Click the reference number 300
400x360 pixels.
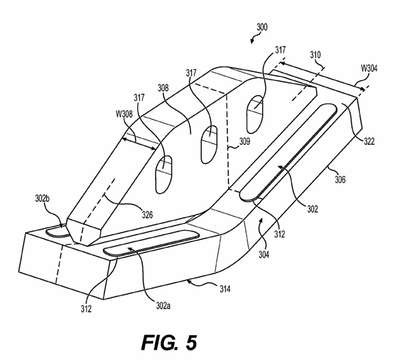262,27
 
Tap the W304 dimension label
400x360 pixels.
369,68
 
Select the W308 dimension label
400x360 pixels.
124,114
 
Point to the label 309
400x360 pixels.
245,142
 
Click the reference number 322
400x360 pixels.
369,141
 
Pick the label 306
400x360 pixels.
340,180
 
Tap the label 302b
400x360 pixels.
42,198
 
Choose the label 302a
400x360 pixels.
162,306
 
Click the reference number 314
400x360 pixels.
225,289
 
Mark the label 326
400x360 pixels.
147,215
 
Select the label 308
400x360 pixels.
163,88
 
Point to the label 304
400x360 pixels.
264,255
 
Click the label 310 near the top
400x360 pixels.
315,55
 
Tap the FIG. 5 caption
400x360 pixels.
169,342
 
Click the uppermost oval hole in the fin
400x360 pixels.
254,114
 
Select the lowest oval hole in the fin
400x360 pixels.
163,174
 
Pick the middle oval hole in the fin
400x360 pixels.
209,145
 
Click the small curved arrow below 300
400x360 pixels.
253,39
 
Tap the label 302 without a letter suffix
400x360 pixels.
312,209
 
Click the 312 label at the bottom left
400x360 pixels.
86,309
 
